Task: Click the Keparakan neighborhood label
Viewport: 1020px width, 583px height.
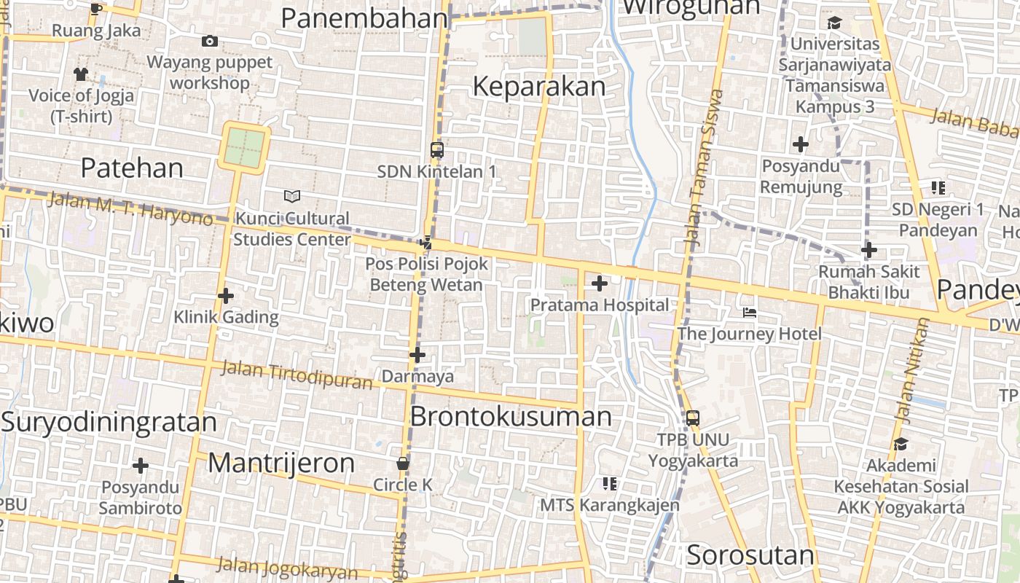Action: (538, 87)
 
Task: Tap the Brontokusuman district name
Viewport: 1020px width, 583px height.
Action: (511, 417)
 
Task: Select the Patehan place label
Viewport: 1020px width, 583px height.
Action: (132, 168)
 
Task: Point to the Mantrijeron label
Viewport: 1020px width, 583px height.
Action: (281, 463)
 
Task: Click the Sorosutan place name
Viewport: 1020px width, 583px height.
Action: (750, 555)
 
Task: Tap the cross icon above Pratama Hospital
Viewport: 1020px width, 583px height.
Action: (600, 283)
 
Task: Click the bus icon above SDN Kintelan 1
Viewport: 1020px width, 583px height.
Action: (437, 150)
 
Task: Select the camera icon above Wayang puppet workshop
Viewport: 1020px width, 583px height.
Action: (210, 42)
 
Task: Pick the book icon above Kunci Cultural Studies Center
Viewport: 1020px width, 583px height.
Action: (291, 196)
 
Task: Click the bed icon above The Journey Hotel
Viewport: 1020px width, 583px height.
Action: (750, 313)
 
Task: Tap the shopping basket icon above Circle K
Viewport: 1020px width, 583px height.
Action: (402, 463)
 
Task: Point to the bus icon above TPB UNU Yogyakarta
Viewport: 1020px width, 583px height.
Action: (693, 418)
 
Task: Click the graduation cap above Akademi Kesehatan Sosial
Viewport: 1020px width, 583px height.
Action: (901, 444)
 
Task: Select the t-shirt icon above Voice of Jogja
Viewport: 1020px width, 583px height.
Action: (80, 74)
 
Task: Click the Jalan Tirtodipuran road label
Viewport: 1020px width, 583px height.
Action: (297, 375)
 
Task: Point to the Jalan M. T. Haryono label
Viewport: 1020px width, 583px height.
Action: (130, 208)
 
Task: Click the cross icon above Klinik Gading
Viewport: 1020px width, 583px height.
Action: (226, 296)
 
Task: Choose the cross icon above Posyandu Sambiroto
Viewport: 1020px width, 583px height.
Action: (141, 466)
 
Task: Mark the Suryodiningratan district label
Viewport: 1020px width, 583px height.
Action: (109, 422)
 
